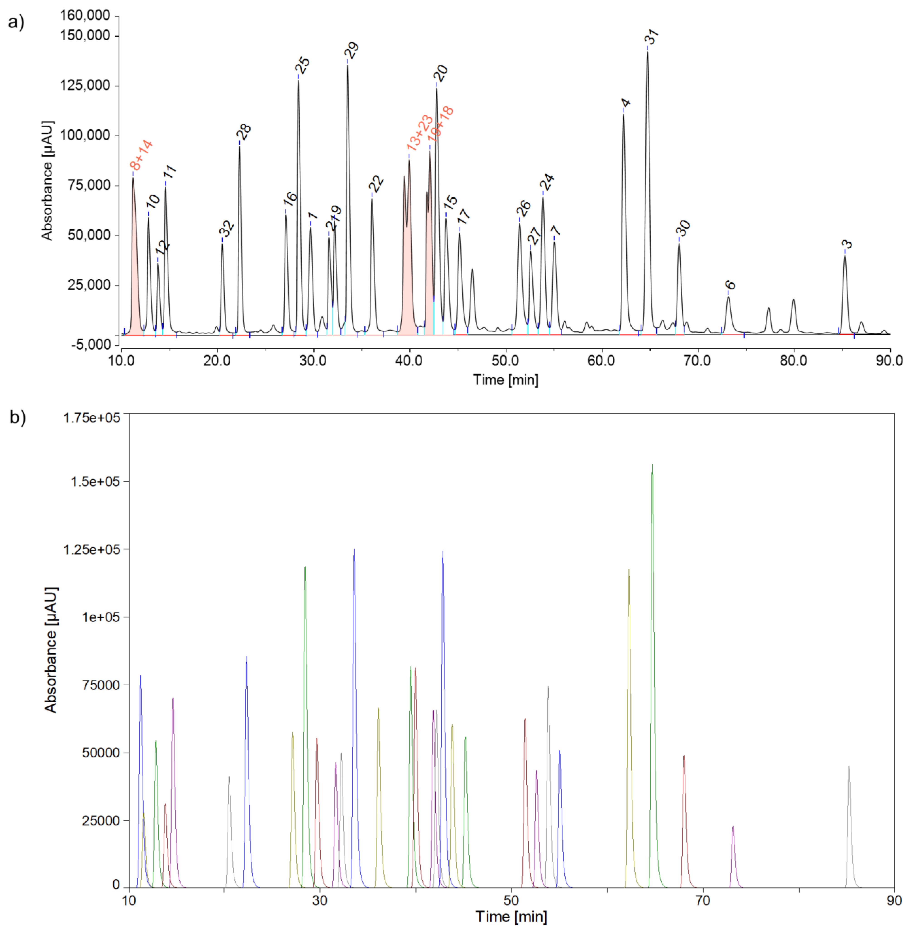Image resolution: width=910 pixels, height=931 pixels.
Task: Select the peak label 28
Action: [x=244, y=132]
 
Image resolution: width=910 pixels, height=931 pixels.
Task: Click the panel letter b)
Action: [x=18, y=417]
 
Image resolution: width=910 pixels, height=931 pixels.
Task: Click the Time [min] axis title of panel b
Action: [x=511, y=917]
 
